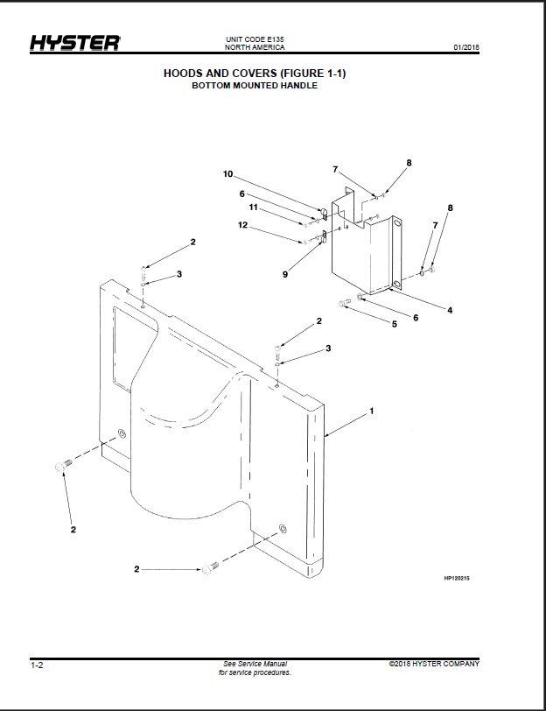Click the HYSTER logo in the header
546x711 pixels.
75,43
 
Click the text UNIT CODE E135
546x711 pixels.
255,40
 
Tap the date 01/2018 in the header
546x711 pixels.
466,47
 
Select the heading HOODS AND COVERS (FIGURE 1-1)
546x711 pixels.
255,73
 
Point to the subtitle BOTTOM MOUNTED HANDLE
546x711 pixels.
255,86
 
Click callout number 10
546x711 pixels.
227,174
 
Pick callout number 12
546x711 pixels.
243,225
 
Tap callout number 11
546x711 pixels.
253,208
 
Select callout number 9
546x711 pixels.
285,274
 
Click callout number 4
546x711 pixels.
450,310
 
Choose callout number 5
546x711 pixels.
395,324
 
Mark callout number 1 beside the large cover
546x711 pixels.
372,411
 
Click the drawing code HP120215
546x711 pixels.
457,578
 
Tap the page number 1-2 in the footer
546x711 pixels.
37,665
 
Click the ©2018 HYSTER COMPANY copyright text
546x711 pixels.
434,664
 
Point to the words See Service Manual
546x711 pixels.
255,664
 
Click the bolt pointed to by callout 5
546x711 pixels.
346,303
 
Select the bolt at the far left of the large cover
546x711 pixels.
63,466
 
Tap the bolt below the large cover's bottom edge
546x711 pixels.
210,568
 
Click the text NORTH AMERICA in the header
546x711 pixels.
255,47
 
